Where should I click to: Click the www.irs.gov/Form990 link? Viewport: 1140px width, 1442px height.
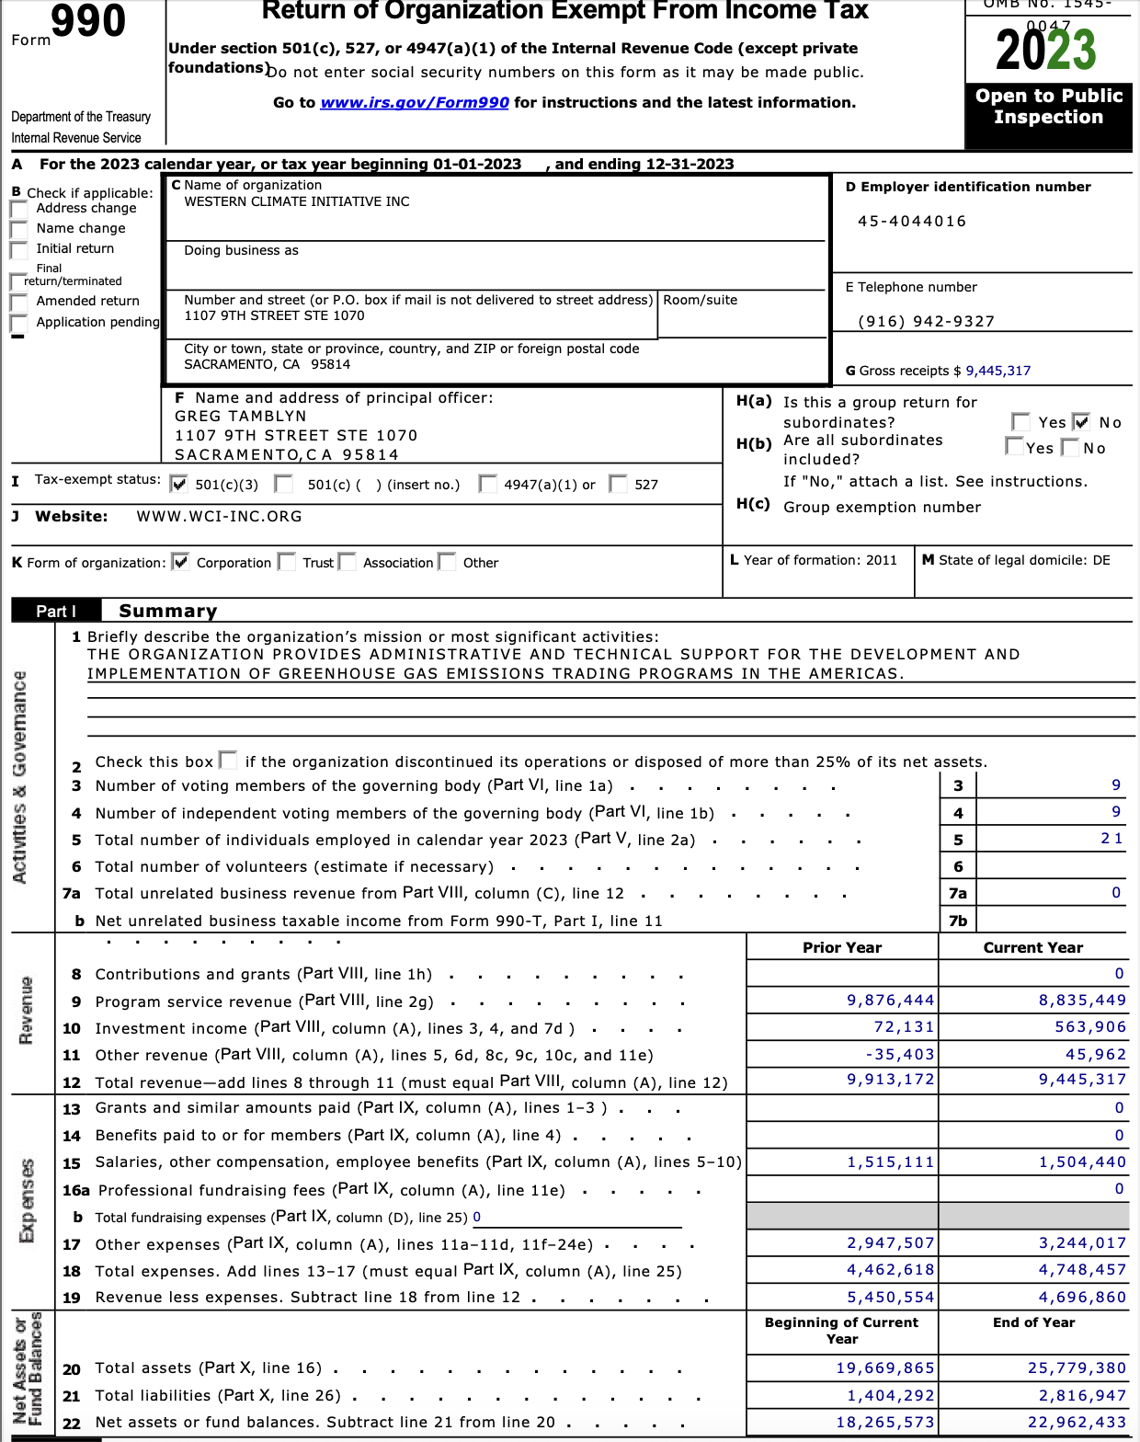414,103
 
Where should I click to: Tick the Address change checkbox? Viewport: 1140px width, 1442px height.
18,209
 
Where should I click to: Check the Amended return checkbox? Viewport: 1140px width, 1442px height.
18,302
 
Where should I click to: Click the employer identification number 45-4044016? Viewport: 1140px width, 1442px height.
911,222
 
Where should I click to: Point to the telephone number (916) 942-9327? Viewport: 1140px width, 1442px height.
926,322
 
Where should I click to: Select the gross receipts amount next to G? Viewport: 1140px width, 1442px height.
997,371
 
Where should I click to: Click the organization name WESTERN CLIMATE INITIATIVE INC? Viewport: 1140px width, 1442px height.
297,202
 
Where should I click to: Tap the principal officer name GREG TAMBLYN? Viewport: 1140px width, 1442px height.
241,417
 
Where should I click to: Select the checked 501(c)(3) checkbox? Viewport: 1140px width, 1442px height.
179,484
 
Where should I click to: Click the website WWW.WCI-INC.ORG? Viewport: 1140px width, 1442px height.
219,517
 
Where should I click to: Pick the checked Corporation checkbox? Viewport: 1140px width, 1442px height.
181,562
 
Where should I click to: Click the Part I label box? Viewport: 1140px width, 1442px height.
56,611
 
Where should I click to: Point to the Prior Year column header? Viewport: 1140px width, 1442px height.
841,948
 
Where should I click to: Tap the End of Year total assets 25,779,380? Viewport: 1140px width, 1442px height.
1077,1368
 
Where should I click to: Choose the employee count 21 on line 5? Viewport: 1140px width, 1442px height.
1111,839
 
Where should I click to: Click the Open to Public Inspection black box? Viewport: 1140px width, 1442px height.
1048,108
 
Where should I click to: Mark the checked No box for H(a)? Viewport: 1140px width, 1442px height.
1082,422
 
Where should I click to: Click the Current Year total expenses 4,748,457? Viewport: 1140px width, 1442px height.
1082,1270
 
